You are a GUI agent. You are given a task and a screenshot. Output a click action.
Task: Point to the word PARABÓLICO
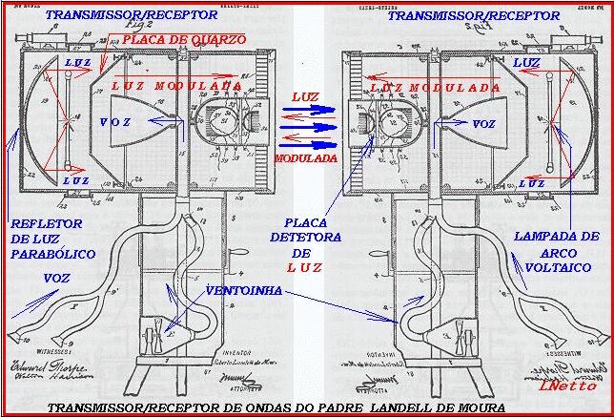pos(43,256)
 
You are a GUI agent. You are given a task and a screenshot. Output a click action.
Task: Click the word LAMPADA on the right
pos(563,236)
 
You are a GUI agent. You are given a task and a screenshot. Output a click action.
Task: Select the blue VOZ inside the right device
pos(485,124)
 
